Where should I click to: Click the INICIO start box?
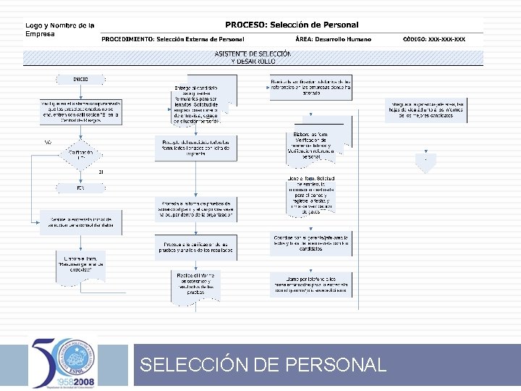click(x=80, y=79)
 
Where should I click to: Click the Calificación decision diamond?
click(x=81, y=154)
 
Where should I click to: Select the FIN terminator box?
click(x=80, y=188)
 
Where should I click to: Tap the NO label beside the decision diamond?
click(x=48, y=142)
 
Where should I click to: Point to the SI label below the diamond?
click(x=101, y=172)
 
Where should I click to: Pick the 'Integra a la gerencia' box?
click(x=428, y=109)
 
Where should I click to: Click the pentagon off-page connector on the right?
click(x=426, y=161)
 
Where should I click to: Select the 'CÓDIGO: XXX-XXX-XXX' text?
click(x=434, y=39)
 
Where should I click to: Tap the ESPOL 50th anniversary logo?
click(x=64, y=362)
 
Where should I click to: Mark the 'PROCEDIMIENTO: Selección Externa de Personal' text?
click(x=173, y=39)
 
